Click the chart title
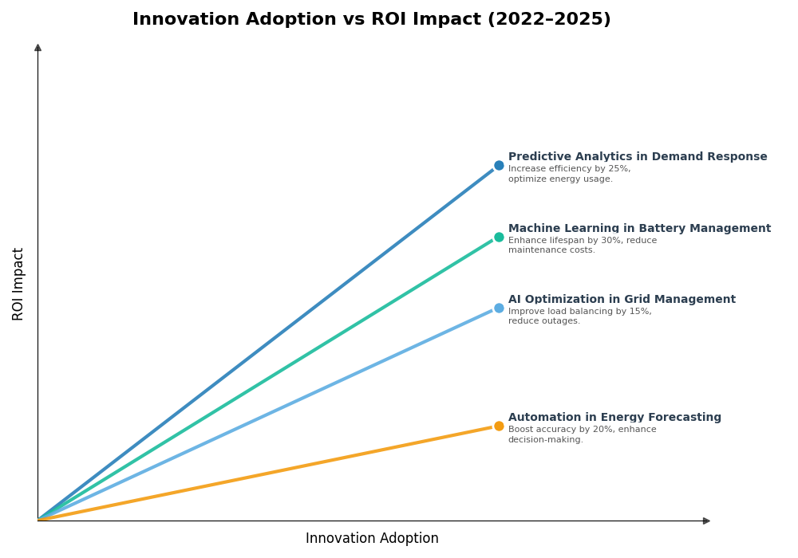tap(371, 19)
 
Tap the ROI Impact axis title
tap(18, 284)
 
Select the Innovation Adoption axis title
tap(372, 539)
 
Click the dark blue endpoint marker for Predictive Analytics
tap(499, 166)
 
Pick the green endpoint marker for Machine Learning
tap(499, 237)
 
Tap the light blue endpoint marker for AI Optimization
tap(499, 308)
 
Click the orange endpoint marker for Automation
tap(499, 426)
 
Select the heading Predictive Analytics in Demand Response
tap(637, 157)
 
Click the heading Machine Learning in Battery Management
tap(639, 229)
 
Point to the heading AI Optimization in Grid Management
tap(622, 300)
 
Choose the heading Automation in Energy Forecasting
tap(614, 418)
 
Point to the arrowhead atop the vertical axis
tap(38, 48)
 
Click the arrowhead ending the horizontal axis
tap(706, 521)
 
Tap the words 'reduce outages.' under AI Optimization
tap(543, 321)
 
